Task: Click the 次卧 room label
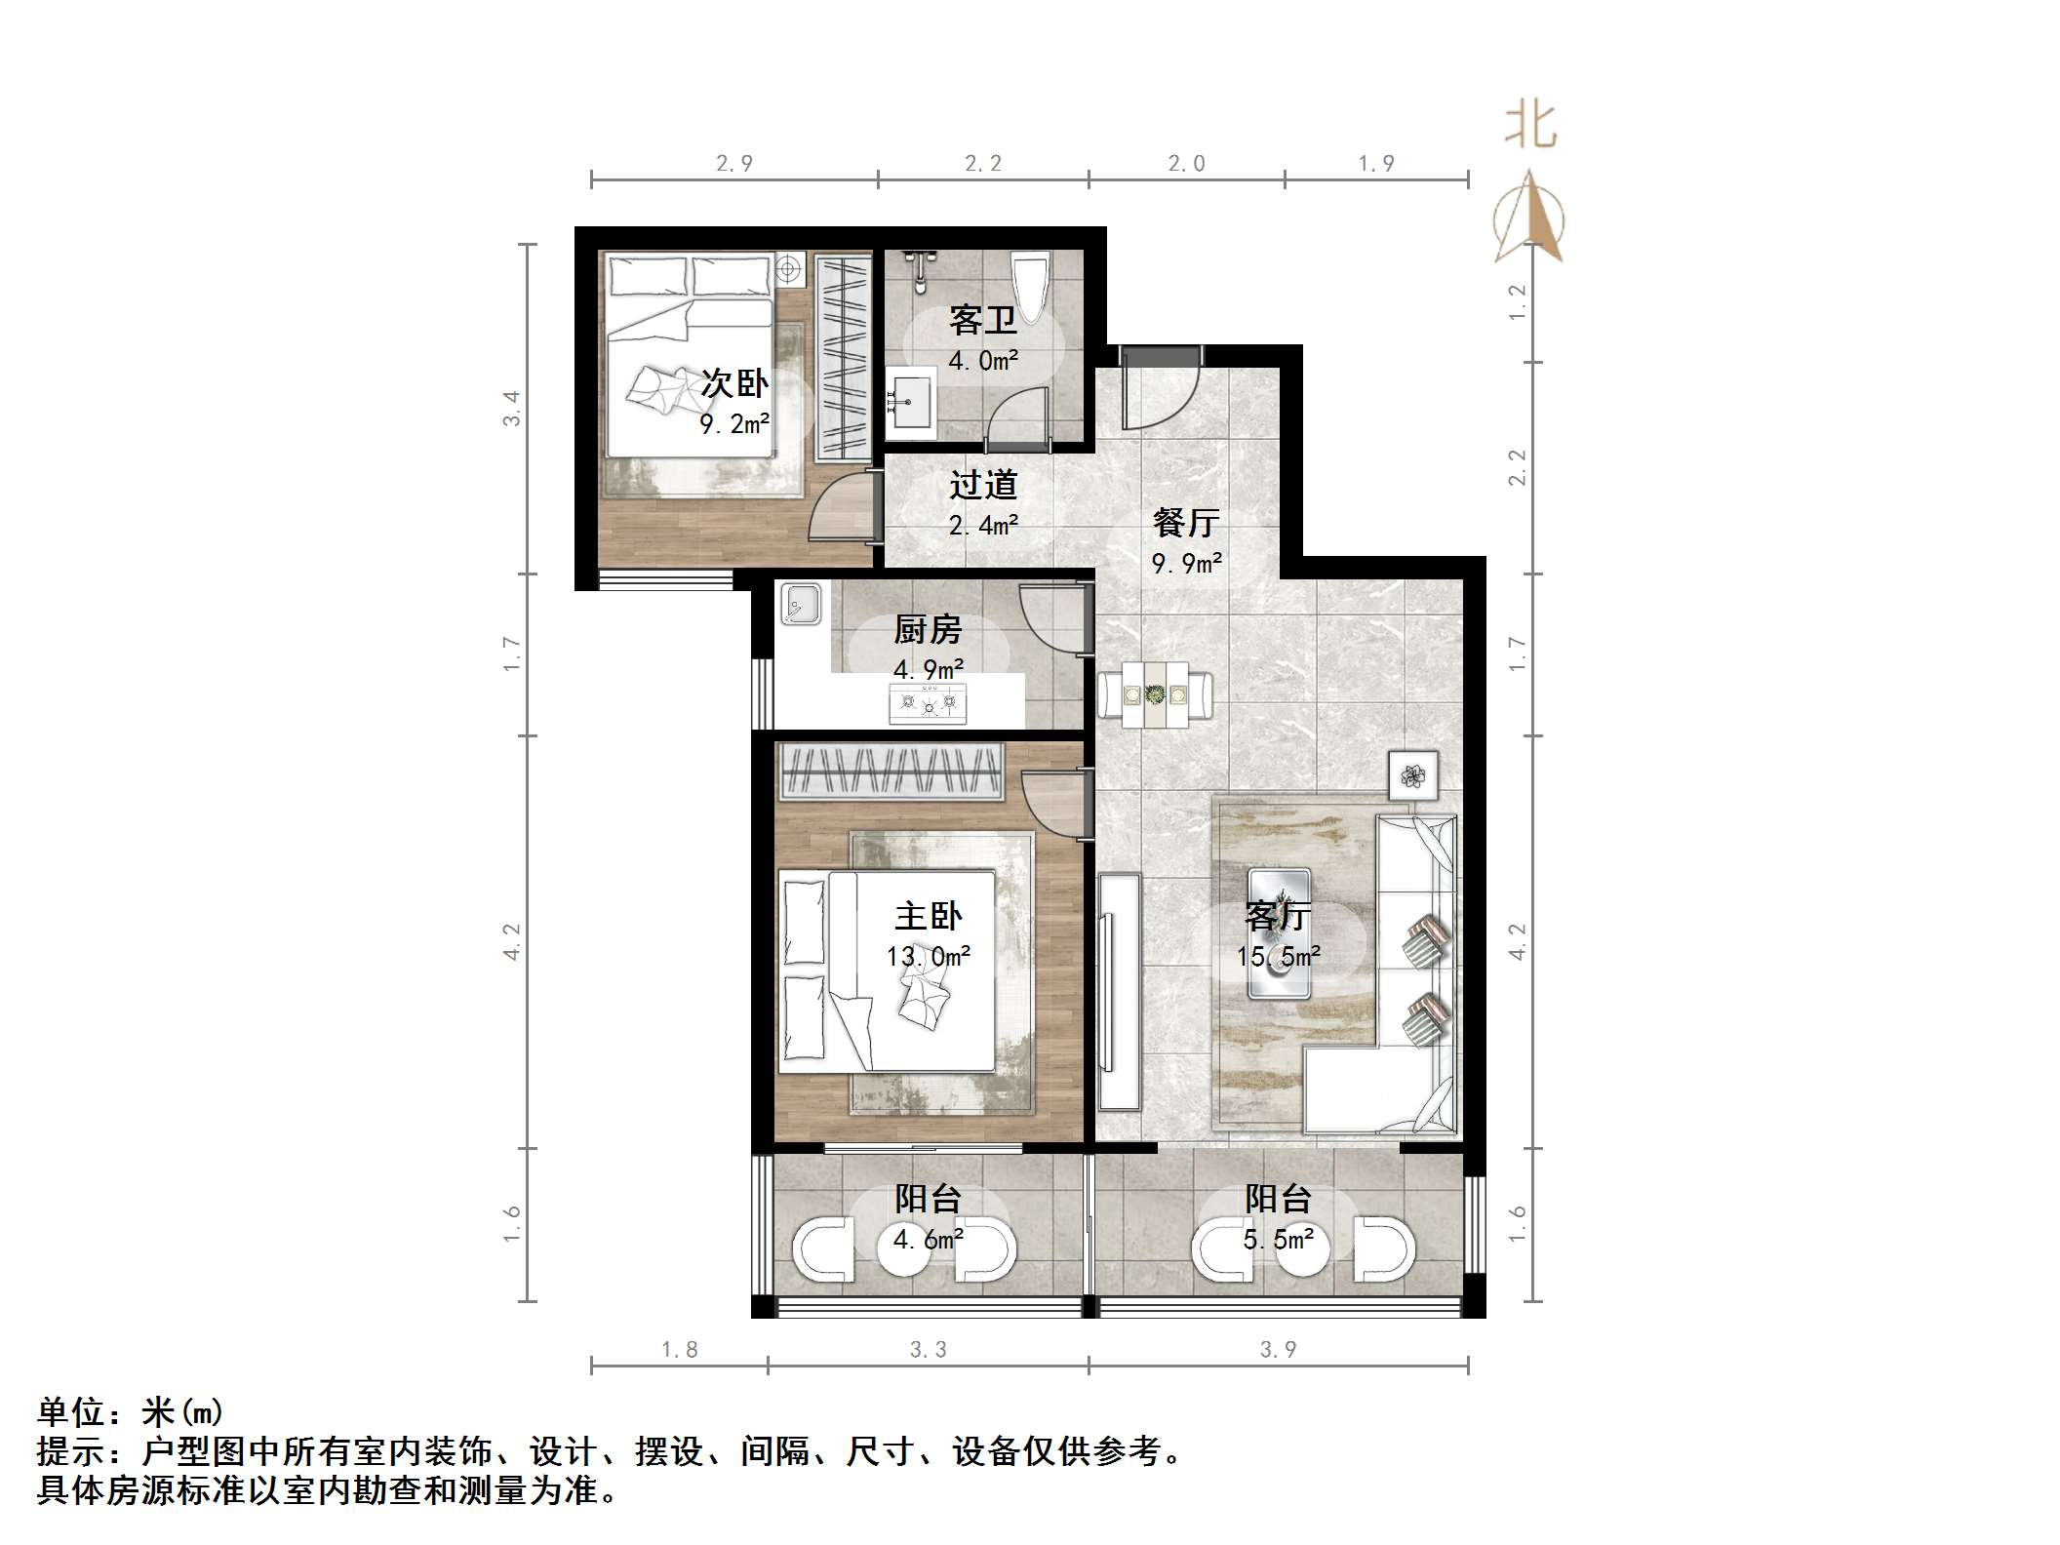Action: pyautogui.click(x=734, y=384)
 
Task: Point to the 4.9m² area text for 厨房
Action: pyautogui.click(x=929, y=670)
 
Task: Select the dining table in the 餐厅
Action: pyautogui.click(x=1155, y=695)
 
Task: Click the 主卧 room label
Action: pyautogui.click(x=929, y=916)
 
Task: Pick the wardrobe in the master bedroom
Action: pyautogui.click(x=890, y=772)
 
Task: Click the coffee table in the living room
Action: pyautogui.click(x=1280, y=933)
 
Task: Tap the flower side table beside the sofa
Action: pyautogui.click(x=1413, y=776)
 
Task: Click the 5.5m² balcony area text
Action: pyautogui.click(x=1278, y=1240)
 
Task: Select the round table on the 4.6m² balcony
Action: pyautogui.click(x=903, y=1252)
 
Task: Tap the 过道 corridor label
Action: pyautogui.click(x=983, y=485)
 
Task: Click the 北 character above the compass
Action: pyautogui.click(x=1529, y=127)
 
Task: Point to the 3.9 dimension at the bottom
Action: pyautogui.click(x=1278, y=1350)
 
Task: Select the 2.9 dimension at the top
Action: pyautogui.click(x=733, y=164)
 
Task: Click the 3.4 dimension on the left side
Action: pyautogui.click(x=512, y=408)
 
